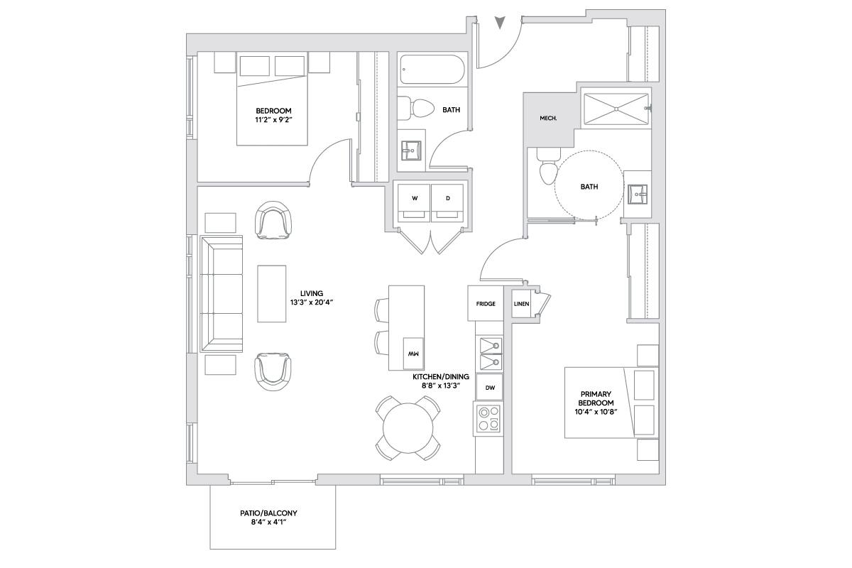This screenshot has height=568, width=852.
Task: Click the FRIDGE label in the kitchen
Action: pyautogui.click(x=486, y=304)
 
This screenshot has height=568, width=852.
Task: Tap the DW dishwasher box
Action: pyautogui.click(x=489, y=387)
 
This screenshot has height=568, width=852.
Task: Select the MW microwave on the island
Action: pyautogui.click(x=413, y=354)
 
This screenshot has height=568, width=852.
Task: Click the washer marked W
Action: pyautogui.click(x=414, y=203)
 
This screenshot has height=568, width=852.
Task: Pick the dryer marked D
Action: pyautogui.click(x=448, y=203)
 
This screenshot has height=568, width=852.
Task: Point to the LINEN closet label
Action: pyautogui.click(x=521, y=304)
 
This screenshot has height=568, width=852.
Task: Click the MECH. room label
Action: pyautogui.click(x=548, y=119)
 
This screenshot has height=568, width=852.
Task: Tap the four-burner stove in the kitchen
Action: pyautogui.click(x=488, y=418)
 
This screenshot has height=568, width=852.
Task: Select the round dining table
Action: pyautogui.click(x=408, y=428)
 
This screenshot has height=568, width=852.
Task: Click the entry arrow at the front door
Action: pyautogui.click(x=500, y=23)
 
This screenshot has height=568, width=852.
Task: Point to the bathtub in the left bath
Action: pyautogui.click(x=432, y=70)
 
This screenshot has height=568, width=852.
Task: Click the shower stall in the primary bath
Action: pyautogui.click(x=616, y=109)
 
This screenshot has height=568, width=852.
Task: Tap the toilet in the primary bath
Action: pyautogui.click(x=548, y=167)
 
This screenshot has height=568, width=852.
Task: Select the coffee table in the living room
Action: pyautogui.click(x=271, y=294)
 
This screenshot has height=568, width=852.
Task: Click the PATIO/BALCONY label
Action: pyautogui.click(x=268, y=513)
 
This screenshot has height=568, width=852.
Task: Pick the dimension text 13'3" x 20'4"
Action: pyautogui.click(x=312, y=303)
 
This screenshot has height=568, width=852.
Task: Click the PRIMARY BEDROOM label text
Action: pyautogui.click(x=596, y=398)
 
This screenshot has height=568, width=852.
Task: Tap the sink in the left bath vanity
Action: pyautogui.click(x=411, y=151)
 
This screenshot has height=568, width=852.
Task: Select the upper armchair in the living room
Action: pyautogui.click(x=273, y=220)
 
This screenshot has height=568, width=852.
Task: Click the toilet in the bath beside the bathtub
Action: pyautogui.click(x=416, y=108)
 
